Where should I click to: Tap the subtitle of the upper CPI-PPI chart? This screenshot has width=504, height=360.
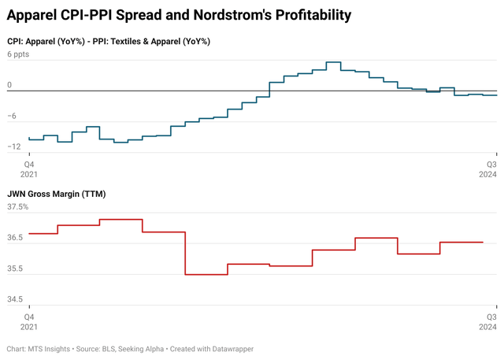tap(113, 41)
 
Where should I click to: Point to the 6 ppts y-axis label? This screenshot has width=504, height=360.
tap(20, 55)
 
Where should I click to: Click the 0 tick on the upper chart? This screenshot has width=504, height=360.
tap(10, 85)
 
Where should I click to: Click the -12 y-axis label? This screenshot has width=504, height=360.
tap(14, 147)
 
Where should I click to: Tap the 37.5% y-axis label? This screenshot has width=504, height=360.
tap(18, 207)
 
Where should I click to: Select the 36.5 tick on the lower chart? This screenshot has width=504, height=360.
tap(16, 238)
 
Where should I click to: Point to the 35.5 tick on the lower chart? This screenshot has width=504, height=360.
tap(16, 269)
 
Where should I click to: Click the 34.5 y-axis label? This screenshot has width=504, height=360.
tap(16, 299)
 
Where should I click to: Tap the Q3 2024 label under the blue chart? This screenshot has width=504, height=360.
tap(489, 169)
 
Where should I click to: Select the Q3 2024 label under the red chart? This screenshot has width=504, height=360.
tap(489, 321)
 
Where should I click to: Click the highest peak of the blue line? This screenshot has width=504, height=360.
tap(333, 61)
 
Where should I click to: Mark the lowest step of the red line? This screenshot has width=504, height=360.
tap(206, 274)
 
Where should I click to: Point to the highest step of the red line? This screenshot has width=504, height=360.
tap(120, 219)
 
